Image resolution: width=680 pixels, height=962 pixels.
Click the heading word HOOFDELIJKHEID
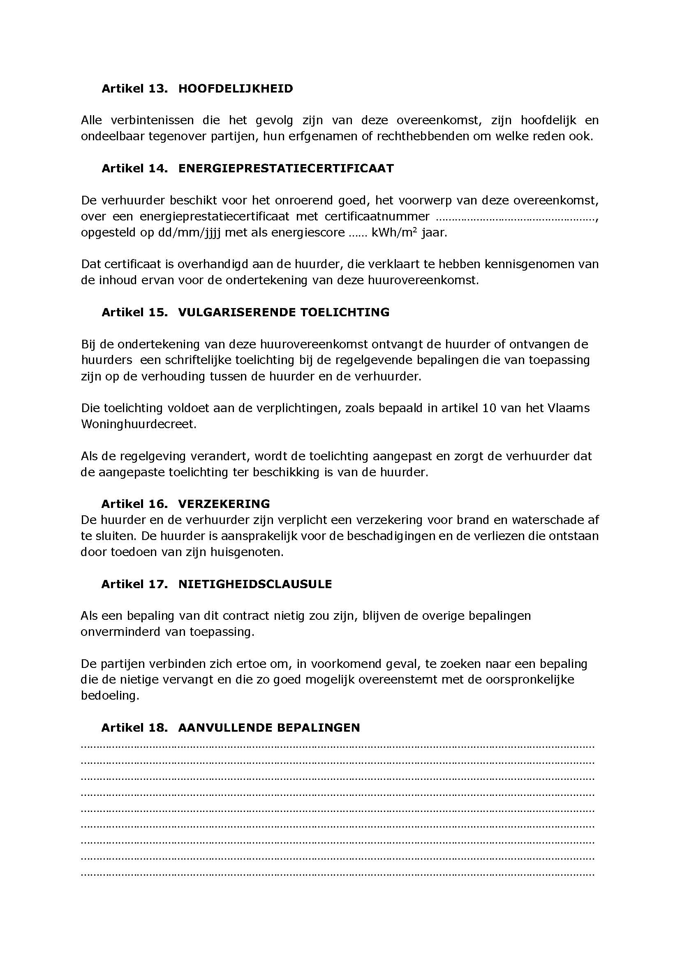[x=235, y=89]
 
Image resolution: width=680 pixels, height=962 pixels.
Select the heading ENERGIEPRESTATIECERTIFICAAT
[x=286, y=169]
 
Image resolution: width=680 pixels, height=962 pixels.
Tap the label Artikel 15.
[x=134, y=312]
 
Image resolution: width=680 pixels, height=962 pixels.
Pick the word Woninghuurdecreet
[x=138, y=424]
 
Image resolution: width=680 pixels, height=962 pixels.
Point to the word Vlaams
[x=569, y=408]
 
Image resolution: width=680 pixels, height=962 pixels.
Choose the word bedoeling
[x=109, y=695]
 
